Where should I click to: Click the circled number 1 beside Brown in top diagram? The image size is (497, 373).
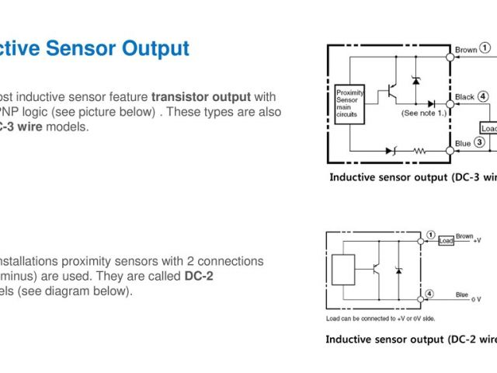pos(485,48)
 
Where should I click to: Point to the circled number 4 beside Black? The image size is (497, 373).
pos(483,96)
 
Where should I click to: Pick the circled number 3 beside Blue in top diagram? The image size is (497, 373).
pos(480,142)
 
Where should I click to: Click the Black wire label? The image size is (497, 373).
pos(464,97)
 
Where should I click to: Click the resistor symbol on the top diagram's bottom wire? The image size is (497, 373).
pos(419,150)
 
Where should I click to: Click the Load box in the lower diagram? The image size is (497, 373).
pos(447,240)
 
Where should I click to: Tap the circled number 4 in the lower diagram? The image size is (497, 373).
pos(430,294)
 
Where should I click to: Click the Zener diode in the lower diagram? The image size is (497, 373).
pos(398,270)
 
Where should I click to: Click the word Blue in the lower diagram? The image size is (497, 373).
pos(462,295)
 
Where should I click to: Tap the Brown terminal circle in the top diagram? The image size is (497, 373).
pos(449,57)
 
